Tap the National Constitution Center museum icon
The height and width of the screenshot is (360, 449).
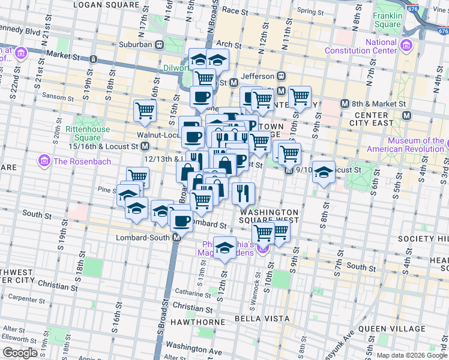[x=406, y=46]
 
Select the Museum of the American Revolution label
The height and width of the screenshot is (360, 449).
[x=406, y=145]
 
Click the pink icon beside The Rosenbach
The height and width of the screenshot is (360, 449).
[x=43, y=161]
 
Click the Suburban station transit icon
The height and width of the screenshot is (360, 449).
[x=159, y=44]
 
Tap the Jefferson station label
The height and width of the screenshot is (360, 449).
[x=257, y=76]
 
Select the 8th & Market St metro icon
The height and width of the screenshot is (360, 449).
[x=345, y=103]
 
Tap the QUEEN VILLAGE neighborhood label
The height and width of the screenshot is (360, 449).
[x=392, y=329]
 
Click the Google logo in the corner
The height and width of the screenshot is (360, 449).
[x=20, y=353]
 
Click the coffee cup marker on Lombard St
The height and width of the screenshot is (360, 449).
[x=180, y=220]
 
